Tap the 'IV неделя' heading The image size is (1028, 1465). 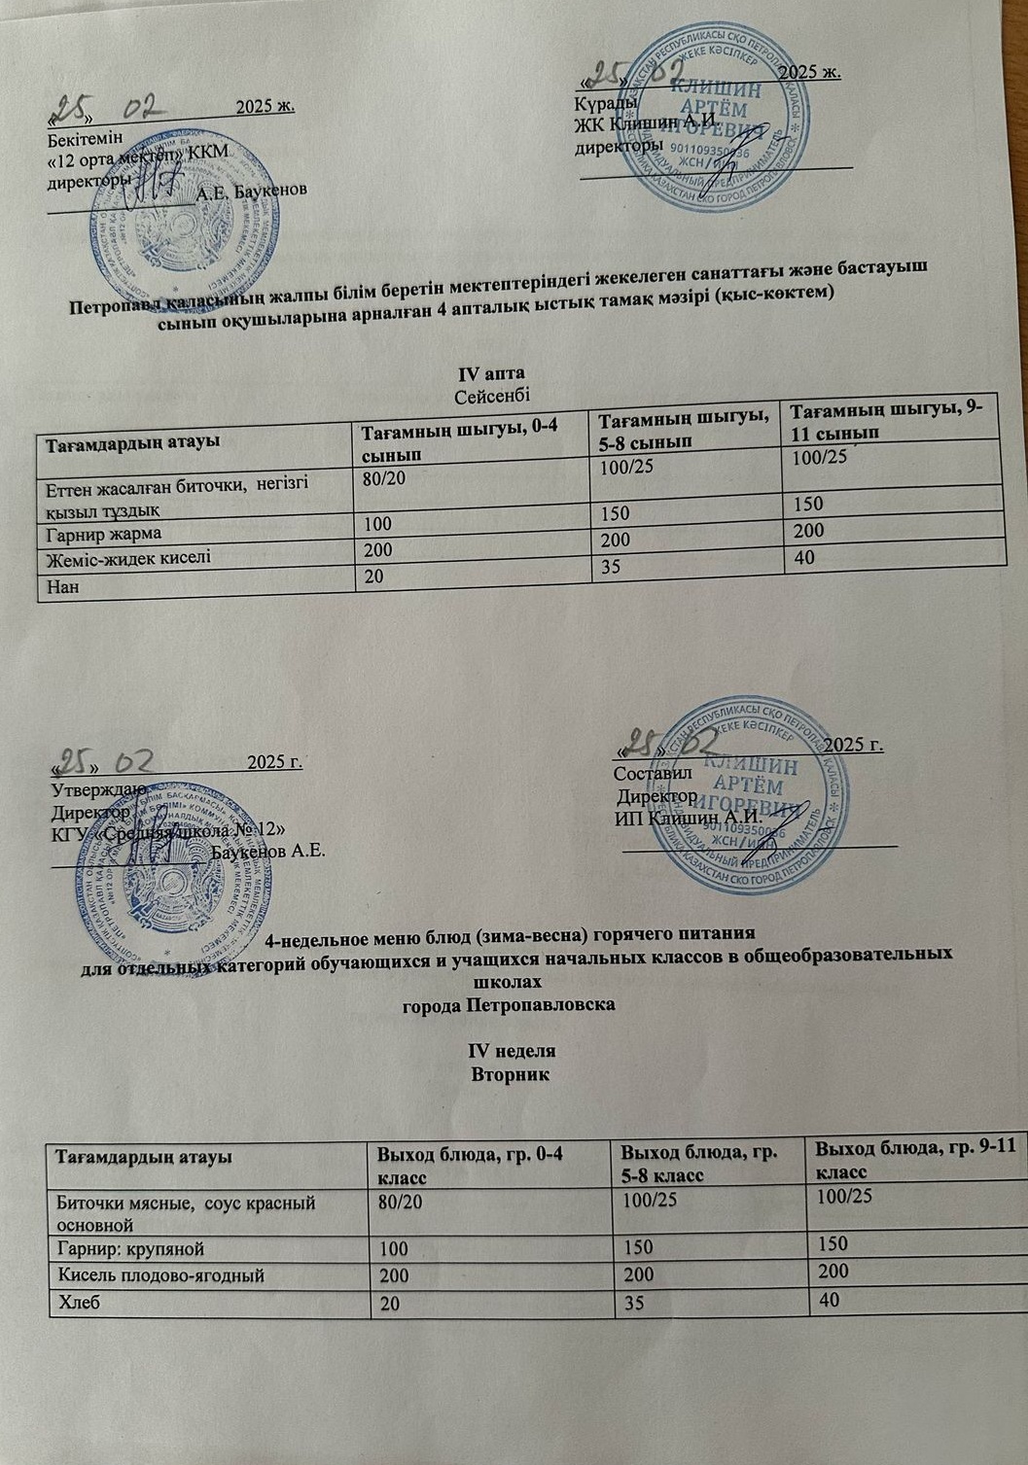tap(512, 1052)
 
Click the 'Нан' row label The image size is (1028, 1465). tap(56, 587)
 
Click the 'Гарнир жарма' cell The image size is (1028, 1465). tap(99, 534)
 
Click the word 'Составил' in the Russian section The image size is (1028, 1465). tap(653, 774)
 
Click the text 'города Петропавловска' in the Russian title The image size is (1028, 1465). tap(509, 1002)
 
